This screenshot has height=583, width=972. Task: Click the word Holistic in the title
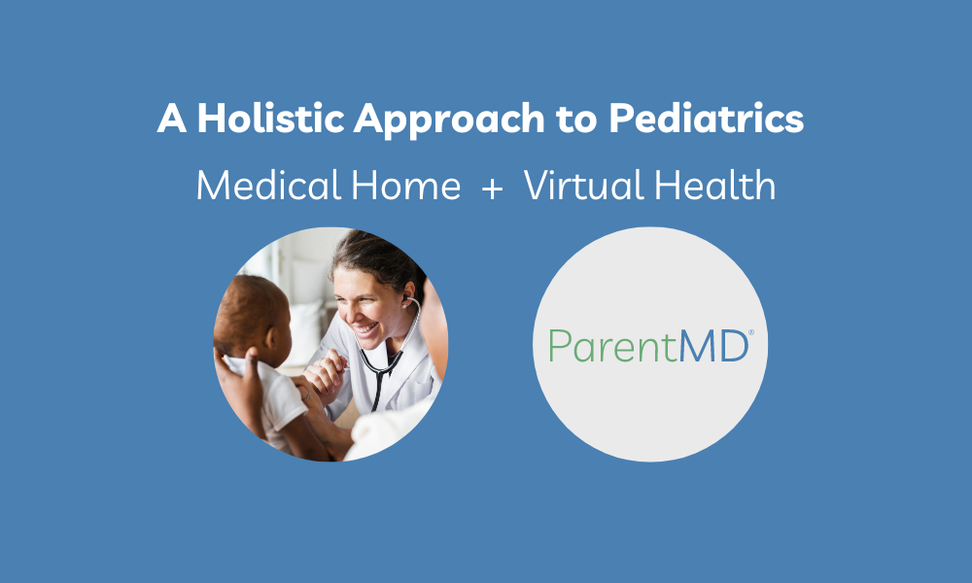271,118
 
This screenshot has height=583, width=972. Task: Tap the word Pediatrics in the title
706,118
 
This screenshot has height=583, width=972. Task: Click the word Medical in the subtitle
269,185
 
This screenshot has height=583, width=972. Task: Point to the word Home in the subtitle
406,185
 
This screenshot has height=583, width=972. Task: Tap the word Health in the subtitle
714,185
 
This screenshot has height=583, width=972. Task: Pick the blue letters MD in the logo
712,346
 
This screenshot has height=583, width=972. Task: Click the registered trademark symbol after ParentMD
751,332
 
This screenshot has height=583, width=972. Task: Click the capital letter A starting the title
172,118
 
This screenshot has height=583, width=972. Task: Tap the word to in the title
576,119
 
